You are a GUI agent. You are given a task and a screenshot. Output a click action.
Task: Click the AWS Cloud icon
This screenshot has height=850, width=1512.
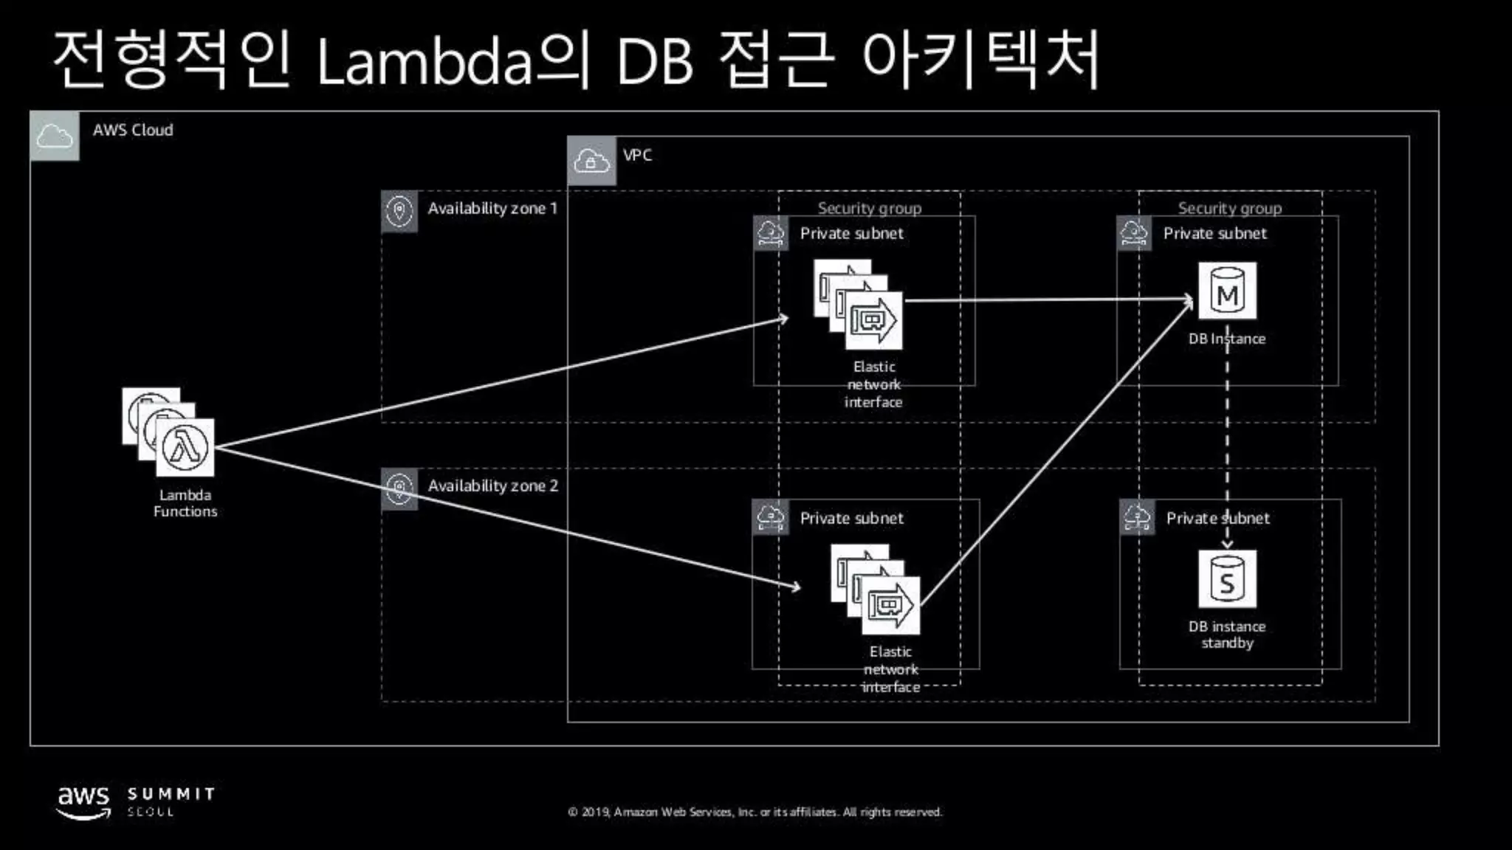pos(55,136)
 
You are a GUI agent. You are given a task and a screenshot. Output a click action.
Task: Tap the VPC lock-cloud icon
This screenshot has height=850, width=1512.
pos(591,160)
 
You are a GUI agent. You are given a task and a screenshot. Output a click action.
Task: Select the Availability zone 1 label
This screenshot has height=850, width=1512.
pos(492,209)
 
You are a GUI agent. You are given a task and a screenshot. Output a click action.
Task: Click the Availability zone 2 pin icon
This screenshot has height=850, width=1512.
pos(399,488)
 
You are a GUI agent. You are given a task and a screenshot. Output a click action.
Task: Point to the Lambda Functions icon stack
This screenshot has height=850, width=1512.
pos(169,432)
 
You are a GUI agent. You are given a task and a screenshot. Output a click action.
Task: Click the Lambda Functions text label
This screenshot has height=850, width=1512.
pos(185,503)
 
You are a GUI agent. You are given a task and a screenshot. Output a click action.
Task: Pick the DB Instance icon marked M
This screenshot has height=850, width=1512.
pos(1227,291)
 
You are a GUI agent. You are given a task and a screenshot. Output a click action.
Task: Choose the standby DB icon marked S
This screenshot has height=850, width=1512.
pos(1227,580)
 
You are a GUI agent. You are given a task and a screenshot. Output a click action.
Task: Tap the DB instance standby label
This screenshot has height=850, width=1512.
pos(1227,635)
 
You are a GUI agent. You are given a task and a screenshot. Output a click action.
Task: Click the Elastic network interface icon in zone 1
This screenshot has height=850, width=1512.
pos(859,304)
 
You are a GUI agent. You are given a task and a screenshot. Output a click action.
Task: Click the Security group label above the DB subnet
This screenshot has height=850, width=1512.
pos(1229,208)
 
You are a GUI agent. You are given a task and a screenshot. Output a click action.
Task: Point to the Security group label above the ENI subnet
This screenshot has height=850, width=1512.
pos(869,208)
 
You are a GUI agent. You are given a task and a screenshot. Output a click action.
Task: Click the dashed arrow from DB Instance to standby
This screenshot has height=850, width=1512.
pos(1227,443)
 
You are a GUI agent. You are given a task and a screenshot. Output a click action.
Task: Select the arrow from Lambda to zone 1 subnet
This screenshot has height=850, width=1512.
pos(502,383)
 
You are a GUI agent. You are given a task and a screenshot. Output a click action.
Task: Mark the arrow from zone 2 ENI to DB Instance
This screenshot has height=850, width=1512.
pos(1056,453)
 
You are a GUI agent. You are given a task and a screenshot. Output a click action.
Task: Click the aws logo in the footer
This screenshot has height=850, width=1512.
pos(84,801)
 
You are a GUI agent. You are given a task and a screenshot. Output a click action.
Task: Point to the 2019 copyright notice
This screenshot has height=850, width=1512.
pos(755,812)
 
